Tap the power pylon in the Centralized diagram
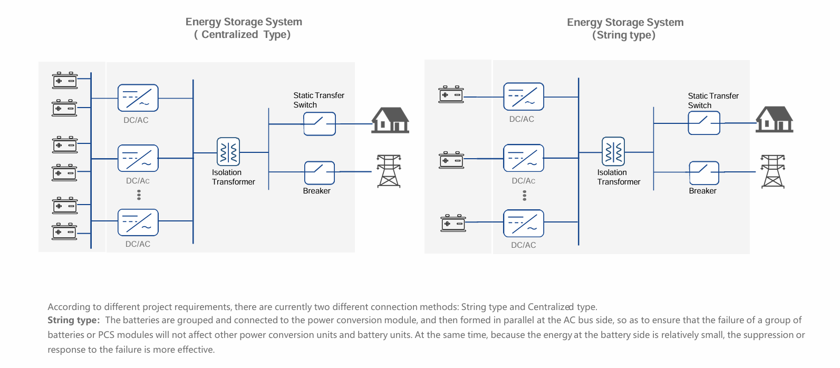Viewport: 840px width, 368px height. [389, 171]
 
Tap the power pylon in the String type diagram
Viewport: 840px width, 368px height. [773, 171]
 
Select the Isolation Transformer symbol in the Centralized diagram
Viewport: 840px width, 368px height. [228, 152]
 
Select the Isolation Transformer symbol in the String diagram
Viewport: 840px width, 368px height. [613, 151]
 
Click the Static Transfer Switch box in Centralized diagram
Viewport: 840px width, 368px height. [320, 124]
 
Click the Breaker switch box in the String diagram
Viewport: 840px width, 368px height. [704, 173]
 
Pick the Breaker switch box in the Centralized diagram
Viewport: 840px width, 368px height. [320, 173]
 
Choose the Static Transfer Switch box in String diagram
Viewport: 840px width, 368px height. [704, 123]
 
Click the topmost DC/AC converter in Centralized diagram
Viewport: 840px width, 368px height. [138, 98]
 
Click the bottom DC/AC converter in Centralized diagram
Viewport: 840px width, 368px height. [138, 222]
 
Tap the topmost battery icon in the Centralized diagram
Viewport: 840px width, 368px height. [65, 81]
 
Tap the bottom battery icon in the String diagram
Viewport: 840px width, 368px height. [453, 224]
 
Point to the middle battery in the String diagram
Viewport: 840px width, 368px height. [451, 160]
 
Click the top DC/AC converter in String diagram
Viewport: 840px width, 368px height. [524, 96]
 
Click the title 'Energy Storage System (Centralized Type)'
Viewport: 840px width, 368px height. [244, 28]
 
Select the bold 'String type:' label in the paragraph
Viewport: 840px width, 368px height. [73, 320]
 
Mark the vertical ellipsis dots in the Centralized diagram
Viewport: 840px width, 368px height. [139, 195]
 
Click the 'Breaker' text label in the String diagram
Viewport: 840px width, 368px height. [702, 191]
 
